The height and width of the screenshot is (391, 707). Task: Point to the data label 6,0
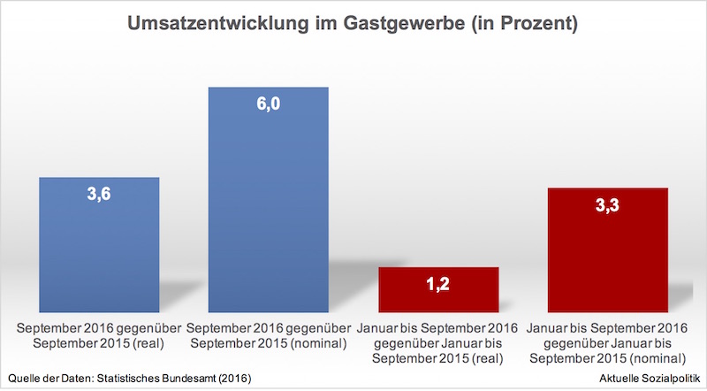(268, 104)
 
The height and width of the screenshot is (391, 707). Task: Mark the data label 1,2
(438, 285)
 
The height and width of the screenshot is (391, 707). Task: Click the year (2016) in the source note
(233, 379)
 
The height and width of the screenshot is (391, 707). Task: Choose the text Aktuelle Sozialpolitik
(648, 379)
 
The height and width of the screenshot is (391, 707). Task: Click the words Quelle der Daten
(45, 379)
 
